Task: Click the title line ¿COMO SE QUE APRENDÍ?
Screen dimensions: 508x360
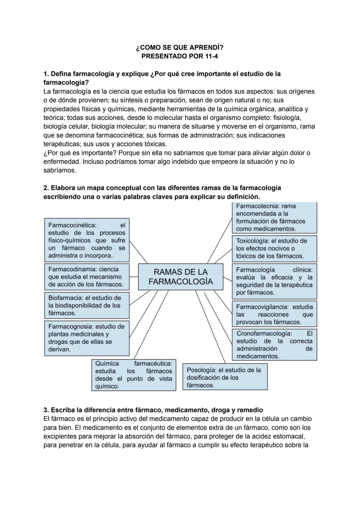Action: pos(180,48)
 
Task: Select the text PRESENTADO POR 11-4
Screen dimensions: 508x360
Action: pos(180,56)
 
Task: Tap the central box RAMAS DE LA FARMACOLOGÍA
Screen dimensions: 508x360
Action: pos(180,277)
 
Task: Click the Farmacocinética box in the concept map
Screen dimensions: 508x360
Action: pos(87,240)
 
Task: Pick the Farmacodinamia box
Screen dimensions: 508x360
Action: pos(87,277)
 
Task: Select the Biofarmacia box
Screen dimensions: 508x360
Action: pos(87,305)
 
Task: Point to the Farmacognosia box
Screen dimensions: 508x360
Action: pos(87,338)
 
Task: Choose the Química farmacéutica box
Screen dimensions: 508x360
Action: pos(134,375)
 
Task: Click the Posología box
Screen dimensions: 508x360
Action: pos(225,377)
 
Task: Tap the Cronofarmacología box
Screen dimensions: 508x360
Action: pos(274,345)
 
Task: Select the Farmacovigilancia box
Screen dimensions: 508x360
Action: pos(274,314)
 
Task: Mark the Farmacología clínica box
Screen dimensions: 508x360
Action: pos(274,281)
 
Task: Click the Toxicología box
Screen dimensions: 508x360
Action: pos(274,249)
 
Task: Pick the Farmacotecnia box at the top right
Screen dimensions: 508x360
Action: pos(274,218)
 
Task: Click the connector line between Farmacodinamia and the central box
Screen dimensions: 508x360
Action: pos(134,276)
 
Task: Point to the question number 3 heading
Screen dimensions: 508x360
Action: pos(153,410)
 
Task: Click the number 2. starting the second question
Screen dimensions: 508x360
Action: pos(46,188)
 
